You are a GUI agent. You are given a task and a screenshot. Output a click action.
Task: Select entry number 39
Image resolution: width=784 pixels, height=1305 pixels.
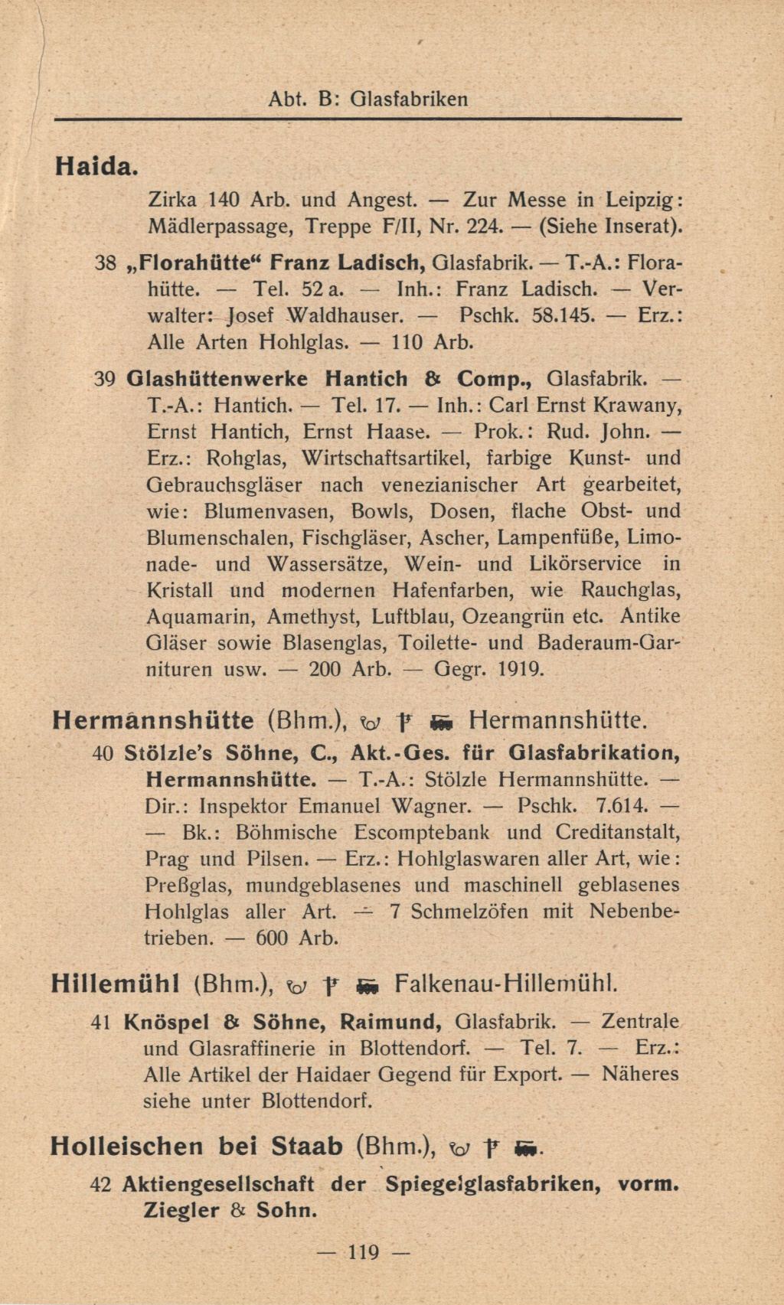(105, 378)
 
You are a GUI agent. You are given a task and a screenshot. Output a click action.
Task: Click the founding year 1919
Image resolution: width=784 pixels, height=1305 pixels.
(521, 669)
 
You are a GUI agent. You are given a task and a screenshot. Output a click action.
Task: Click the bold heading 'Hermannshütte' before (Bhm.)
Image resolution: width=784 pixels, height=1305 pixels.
(153, 720)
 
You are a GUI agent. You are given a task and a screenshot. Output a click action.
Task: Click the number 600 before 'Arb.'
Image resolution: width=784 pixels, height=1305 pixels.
(272, 938)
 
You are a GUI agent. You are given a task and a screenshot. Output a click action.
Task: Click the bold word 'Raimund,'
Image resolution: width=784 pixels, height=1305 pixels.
(390, 1022)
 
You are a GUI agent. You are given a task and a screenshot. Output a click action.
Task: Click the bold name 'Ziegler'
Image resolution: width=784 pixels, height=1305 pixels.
(181, 1211)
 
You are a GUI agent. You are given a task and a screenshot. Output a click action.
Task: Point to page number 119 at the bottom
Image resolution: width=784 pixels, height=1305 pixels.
(364, 1252)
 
